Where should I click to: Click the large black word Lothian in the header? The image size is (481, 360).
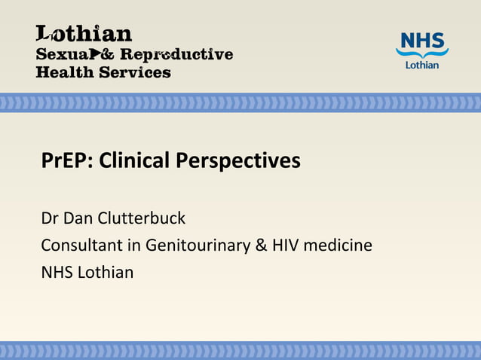point(84,34)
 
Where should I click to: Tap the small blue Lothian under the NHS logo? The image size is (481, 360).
point(422,65)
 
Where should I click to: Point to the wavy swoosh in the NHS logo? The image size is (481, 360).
point(422,53)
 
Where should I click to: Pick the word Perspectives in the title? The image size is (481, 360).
point(238,161)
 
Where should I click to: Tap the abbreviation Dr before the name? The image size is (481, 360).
point(50,218)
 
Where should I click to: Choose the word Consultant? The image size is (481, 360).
point(81,246)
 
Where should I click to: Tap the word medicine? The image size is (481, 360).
point(338,246)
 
